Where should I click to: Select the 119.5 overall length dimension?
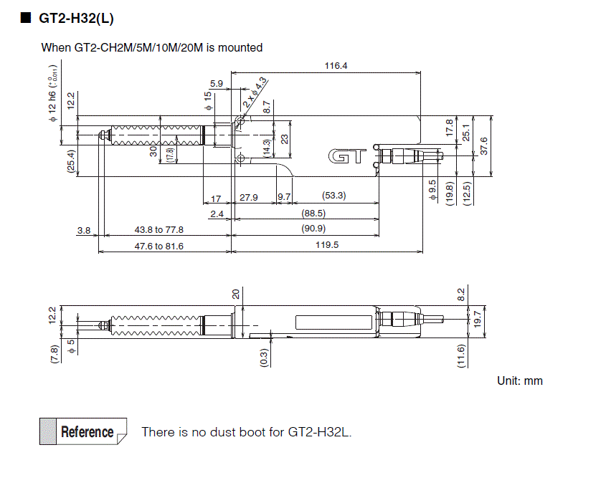pos(326,245)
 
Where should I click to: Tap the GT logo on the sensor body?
pos(347,157)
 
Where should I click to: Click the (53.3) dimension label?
pos(333,196)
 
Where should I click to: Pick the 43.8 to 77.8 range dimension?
pos(159,229)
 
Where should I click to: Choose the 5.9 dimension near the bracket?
pos(217,84)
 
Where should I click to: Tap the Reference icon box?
pos(83,431)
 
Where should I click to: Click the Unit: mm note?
pos(520,380)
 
